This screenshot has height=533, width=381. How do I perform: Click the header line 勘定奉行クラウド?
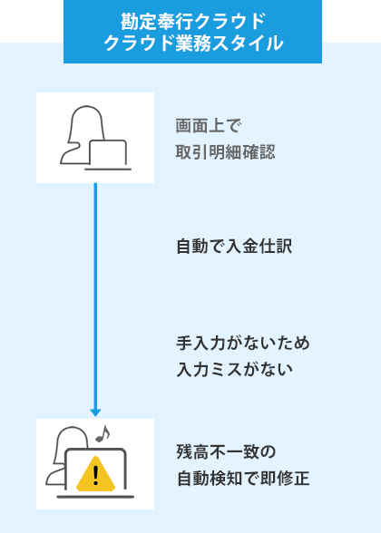192,20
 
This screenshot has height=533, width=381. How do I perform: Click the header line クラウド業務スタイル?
192,43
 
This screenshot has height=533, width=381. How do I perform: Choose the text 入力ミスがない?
234,370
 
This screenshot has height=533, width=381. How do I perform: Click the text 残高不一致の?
225,452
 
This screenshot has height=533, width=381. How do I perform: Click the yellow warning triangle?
95,472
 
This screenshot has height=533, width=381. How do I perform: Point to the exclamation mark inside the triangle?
95,474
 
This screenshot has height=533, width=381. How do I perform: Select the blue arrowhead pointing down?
95,411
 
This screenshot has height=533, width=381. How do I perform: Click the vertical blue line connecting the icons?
95,290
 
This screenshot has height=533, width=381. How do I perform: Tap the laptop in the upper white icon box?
108,154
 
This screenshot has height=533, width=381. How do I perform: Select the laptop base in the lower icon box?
95,497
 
